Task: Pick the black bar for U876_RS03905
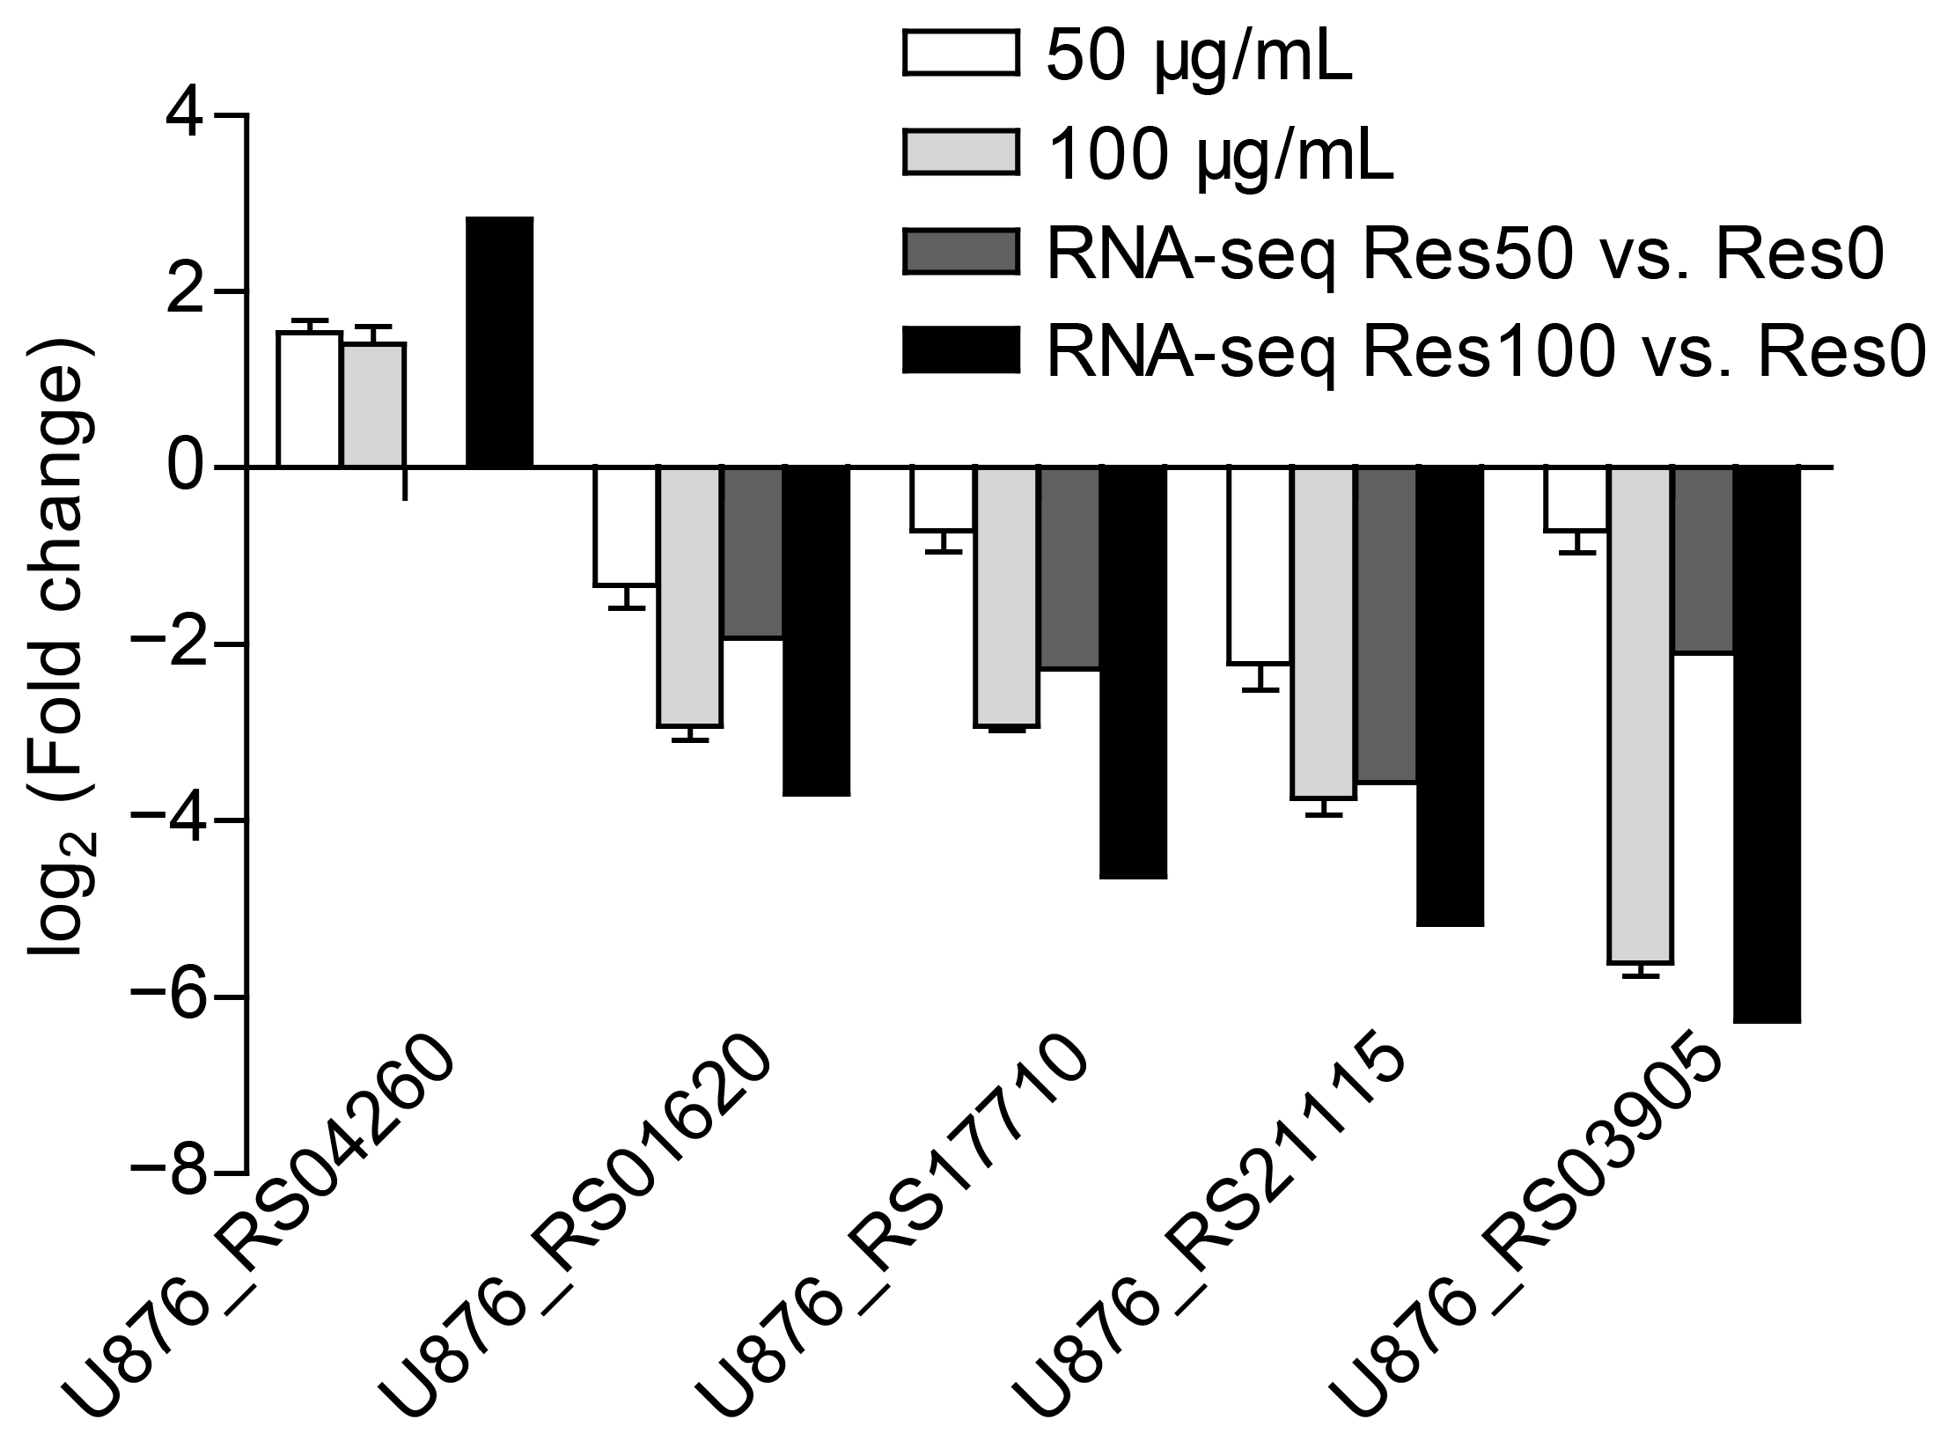pos(1767,745)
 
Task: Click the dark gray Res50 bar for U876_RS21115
pos(1386,624)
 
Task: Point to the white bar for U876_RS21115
pos(1260,564)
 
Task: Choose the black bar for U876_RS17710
pos(1133,673)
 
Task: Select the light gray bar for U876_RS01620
pos(689,596)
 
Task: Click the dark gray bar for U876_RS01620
pos(753,552)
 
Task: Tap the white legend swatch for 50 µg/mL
pos(960,55)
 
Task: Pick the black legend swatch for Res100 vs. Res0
pos(960,350)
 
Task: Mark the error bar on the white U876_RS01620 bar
pos(626,598)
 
